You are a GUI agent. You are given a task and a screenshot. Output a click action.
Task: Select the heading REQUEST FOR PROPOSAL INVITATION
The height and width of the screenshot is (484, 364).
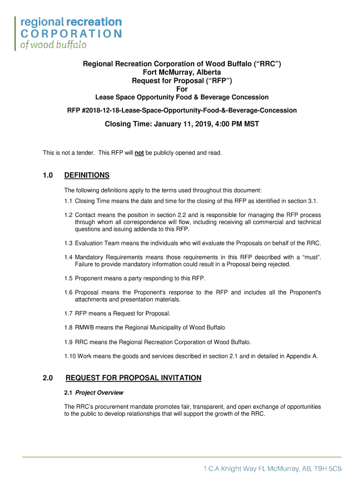pos(133,378)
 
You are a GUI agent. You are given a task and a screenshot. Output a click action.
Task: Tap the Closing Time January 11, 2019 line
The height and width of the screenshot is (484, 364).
pos(182,124)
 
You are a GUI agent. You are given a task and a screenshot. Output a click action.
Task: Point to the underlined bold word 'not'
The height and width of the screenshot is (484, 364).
pos(139,153)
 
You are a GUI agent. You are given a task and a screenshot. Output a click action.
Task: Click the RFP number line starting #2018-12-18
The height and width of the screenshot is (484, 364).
pos(182,110)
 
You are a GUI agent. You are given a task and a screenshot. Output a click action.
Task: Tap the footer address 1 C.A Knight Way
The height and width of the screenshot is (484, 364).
pos(272,469)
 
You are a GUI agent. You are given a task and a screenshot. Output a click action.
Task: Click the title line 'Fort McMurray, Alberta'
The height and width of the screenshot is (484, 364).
pos(182,72)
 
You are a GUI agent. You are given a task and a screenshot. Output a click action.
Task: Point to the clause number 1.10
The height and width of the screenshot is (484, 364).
pos(70,356)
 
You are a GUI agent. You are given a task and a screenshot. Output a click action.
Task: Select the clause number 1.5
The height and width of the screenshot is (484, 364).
pos(69,278)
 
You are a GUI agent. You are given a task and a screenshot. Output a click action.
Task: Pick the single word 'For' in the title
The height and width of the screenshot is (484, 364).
pos(182,89)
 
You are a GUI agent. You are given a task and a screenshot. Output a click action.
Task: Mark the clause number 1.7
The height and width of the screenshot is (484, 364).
pos(69,313)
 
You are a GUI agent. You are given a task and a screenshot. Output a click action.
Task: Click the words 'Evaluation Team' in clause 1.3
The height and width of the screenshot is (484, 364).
pos(96,243)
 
